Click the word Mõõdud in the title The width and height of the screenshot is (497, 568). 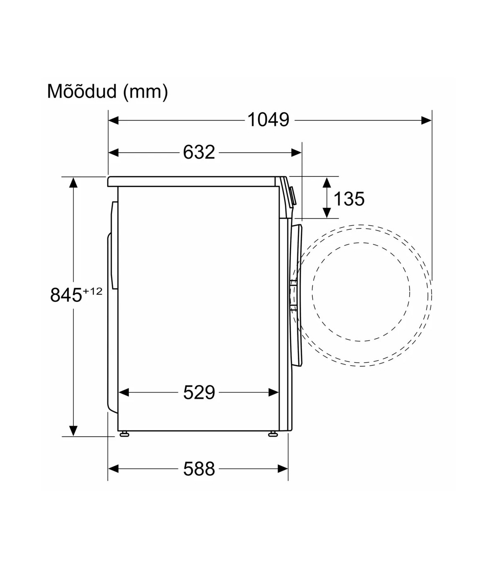pyautogui.click(x=82, y=91)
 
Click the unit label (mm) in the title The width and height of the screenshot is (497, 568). pyautogui.click(x=145, y=92)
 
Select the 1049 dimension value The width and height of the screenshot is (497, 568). pyautogui.click(x=268, y=120)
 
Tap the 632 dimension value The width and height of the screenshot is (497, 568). pyautogui.click(x=199, y=152)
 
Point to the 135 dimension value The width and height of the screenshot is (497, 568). pyautogui.click(x=349, y=199)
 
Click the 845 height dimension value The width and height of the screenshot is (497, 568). pyautogui.click(x=66, y=295)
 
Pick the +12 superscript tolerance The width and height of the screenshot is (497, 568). pyautogui.click(x=92, y=291)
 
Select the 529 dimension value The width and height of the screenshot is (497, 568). pyautogui.click(x=199, y=392)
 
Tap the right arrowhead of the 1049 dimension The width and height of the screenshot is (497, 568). pyautogui.click(x=427, y=120)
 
